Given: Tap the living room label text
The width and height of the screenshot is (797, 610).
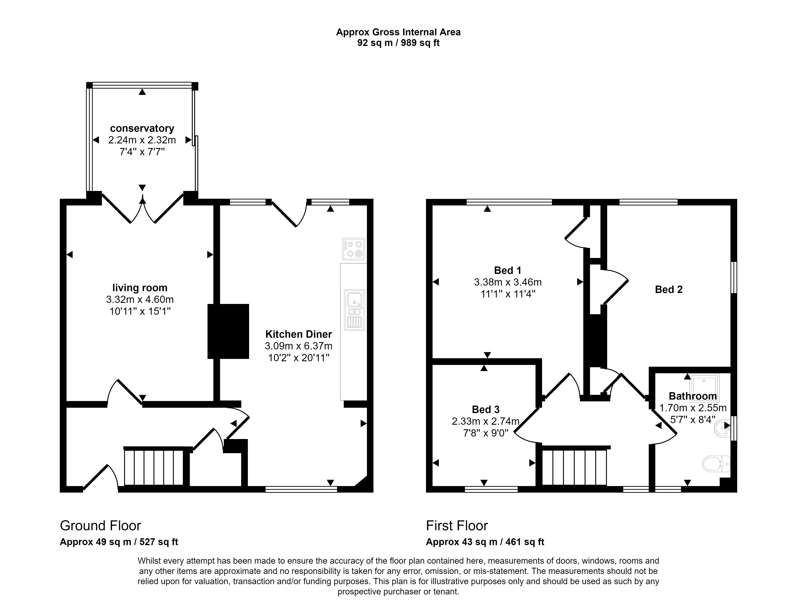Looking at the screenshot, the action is (140, 288).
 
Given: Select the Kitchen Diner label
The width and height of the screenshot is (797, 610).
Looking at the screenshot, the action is (299, 334).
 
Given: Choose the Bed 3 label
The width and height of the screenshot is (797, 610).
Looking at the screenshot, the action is (486, 409).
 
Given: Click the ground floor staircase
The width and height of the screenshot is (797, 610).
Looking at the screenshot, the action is (154, 467).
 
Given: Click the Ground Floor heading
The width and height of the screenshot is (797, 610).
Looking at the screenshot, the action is (100, 525).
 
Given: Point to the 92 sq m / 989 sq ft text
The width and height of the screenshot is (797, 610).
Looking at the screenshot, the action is (398, 43).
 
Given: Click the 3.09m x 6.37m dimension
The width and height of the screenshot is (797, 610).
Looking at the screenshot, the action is (299, 346).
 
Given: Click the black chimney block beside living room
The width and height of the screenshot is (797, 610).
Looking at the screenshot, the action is (228, 331).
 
